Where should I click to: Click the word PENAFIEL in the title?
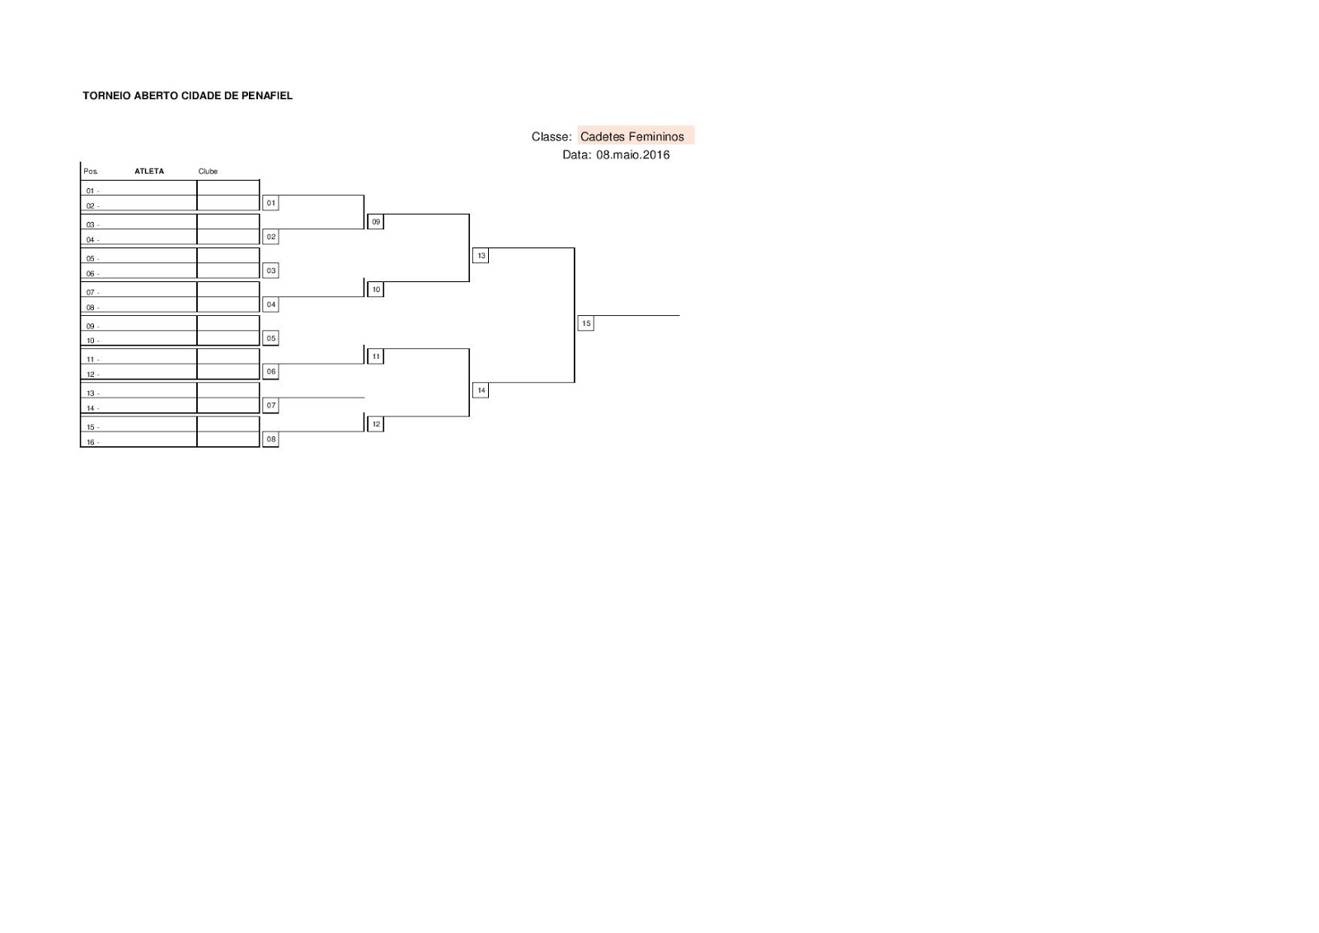[x=267, y=96]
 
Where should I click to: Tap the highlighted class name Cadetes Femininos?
[x=632, y=137]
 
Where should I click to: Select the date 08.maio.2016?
[x=633, y=155]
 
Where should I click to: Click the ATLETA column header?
[x=149, y=172]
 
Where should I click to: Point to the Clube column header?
[x=208, y=172]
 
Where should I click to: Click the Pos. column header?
[x=91, y=172]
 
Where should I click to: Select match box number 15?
[x=586, y=323]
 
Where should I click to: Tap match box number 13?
[x=481, y=256]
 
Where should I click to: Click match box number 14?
[x=481, y=390]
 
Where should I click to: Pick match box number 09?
[x=376, y=222]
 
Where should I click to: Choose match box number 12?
[x=376, y=424]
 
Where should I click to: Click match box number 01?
[x=270, y=203]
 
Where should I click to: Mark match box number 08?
[x=270, y=440]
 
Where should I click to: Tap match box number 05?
[x=270, y=338]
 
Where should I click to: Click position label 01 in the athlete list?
[x=91, y=191]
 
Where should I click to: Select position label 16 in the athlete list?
[x=91, y=443]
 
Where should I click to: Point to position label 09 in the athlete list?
[x=91, y=327]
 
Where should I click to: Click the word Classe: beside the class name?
[x=552, y=137]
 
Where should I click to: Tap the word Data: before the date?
[x=577, y=155]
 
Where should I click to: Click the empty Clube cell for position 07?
[x=228, y=290]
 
